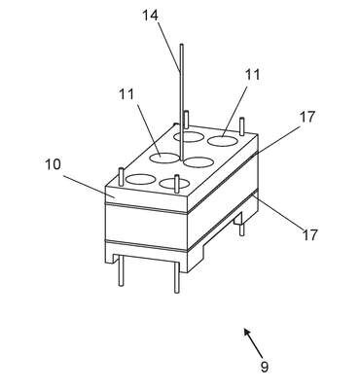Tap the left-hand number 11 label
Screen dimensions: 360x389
pos(126,94)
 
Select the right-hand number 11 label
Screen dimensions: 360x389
pos(252,75)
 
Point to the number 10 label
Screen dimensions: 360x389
pos(53,164)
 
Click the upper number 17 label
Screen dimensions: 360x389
pos(306,117)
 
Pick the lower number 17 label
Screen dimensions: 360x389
pos(309,234)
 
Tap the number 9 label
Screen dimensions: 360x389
pos(265,367)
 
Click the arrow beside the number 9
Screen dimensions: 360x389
pos(254,341)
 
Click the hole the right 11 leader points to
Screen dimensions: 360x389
pos(222,140)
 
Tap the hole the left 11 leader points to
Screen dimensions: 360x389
pos(164,159)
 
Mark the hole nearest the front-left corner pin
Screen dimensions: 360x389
pos(140,179)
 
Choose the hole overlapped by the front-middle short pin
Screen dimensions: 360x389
pos(174,184)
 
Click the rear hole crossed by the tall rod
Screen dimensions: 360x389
pos(189,136)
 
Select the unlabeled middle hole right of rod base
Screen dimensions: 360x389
pos(198,162)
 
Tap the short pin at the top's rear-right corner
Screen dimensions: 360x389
pos(241,127)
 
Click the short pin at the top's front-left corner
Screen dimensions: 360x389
pos(122,176)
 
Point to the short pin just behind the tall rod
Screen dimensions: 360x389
pos(186,120)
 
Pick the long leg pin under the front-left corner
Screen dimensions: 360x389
pos(121,270)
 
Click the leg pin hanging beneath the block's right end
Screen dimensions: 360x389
pos(241,226)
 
